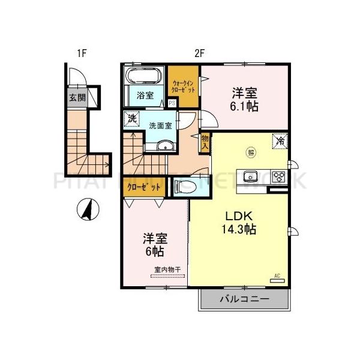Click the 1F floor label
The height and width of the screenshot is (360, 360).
[x=82, y=53]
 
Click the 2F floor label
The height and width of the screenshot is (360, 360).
[x=200, y=53]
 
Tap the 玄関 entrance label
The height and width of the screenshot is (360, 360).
[x=76, y=98]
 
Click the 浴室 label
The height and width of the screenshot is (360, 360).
[x=144, y=95]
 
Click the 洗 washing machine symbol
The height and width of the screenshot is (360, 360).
[x=131, y=118]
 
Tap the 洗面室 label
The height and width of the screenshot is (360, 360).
[x=160, y=126]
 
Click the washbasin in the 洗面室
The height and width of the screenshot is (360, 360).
[x=166, y=146]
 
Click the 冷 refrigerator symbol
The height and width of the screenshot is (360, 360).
[x=280, y=142]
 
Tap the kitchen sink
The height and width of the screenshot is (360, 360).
[x=250, y=176]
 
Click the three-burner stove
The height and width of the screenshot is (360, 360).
[x=279, y=176]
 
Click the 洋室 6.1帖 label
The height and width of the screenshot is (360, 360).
[x=244, y=99]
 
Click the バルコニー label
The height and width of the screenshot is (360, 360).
[x=243, y=298]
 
